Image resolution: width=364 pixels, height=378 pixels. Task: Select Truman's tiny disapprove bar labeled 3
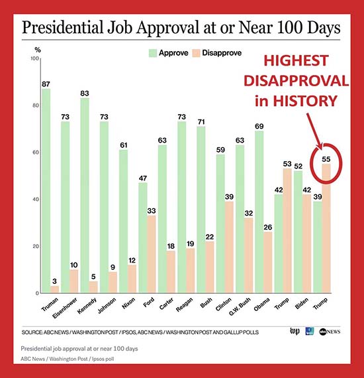[55, 289]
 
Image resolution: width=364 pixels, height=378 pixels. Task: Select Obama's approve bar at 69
[259, 212]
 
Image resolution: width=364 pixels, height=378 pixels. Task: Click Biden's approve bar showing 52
[298, 232]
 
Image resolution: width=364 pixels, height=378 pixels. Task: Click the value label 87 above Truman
[46, 84]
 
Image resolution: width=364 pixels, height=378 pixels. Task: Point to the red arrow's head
[321, 144]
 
